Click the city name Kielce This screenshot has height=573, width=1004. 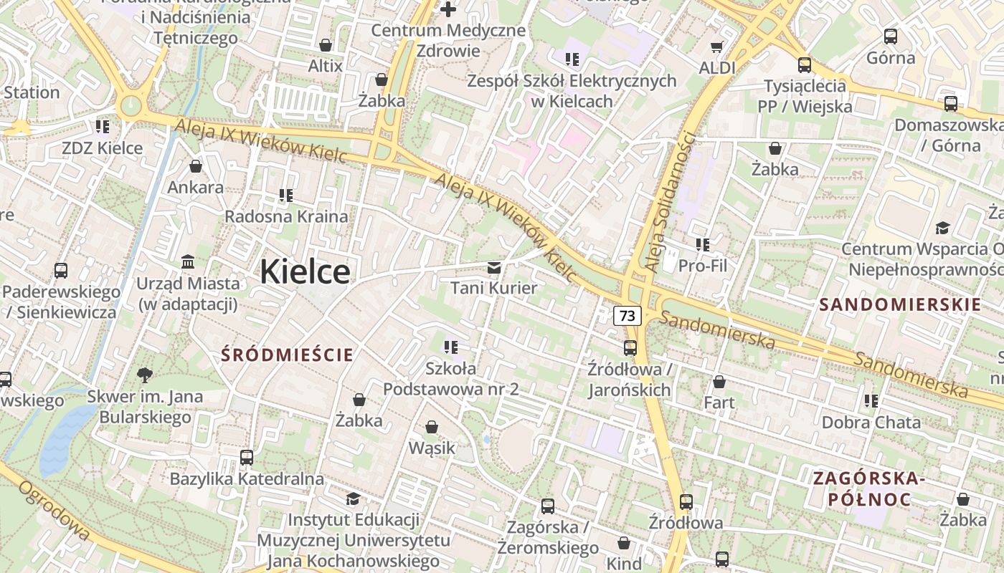tap(305, 272)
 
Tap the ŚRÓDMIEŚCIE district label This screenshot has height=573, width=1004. tap(287, 355)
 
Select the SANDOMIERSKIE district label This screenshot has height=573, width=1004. tap(900, 304)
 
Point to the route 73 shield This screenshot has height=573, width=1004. tap(627, 315)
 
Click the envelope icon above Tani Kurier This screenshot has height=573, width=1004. tap(494, 268)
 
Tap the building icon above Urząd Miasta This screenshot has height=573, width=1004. tap(188, 261)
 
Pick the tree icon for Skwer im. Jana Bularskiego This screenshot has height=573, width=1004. tap(145, 375)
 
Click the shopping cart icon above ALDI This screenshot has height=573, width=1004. tap(716, 47)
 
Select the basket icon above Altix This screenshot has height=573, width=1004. tap(326, 45)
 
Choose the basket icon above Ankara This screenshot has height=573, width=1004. tap(196, 167)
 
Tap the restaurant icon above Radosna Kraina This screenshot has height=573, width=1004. tap(286, 195)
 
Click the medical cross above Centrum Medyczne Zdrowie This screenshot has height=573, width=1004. tap(448, 9)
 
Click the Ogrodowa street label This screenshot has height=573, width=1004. tap(54, 510)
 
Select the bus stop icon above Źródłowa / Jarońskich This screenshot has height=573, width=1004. tap(630, 348)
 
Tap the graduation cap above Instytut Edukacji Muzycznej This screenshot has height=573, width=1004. tap(353, 499)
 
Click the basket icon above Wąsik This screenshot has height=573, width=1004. tap(432, 428)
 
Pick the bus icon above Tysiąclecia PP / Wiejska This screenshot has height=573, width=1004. tap(805, 65)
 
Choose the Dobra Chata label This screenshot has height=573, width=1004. tap(871, 423)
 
